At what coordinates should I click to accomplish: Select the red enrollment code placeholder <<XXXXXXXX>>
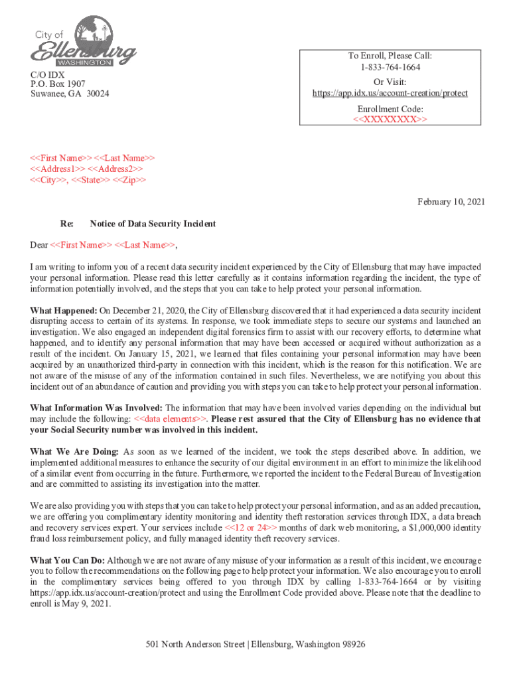tap(390, 120)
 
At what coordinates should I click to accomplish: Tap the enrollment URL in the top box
tap(390, 93)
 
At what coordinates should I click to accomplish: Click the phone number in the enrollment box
tap(390, 67)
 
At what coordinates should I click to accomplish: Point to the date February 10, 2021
tap(451, 201)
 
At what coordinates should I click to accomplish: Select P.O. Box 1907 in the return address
tap(58, 84)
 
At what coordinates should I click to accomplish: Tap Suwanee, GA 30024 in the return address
tap(70, 94)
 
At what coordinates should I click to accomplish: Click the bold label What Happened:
tap(64, 310)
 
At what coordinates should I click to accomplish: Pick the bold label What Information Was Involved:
tap(96, 407)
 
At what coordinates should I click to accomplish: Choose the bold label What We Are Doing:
tap(74, 452)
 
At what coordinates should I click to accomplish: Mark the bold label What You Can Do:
tap(68, 560)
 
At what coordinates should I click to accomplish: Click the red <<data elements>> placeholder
tap(171, 418)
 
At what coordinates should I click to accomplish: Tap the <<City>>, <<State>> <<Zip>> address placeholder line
tap(88, 180)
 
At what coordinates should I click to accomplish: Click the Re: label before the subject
tap(66, 224)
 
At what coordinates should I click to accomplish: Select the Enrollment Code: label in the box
tap(390, 108)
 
